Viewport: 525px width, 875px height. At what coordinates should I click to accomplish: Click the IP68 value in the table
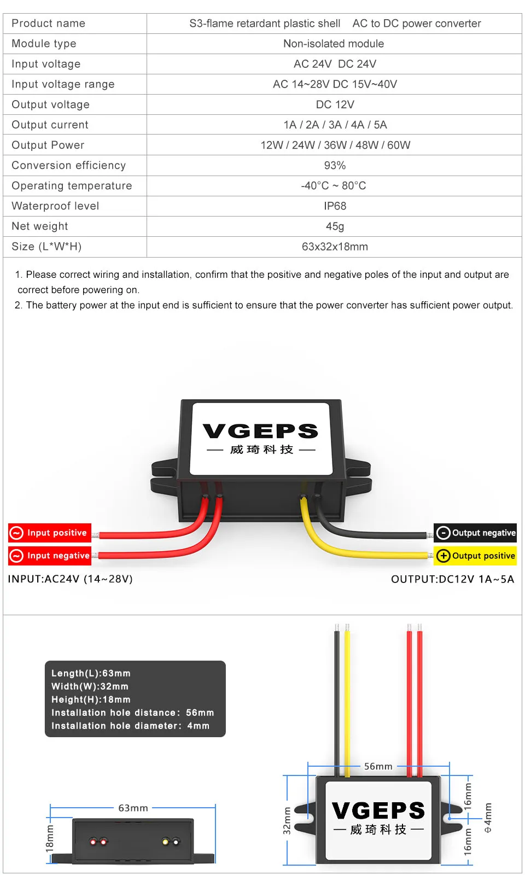[335, 206]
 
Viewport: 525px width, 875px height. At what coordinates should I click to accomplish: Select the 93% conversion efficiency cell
[335, 166]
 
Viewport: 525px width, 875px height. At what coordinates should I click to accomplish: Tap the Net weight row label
[40, 226]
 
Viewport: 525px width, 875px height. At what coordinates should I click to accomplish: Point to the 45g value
[335, 226]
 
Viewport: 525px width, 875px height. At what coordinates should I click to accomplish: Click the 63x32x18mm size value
[335, 247]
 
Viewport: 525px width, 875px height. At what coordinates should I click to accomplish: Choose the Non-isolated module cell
[334, 44]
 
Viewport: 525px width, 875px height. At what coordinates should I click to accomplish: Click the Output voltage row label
[50, 104]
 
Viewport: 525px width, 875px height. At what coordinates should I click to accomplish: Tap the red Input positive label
[50, 533]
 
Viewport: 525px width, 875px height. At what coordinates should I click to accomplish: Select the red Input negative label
[50, 556]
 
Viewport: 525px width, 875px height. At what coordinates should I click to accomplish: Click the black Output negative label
[476, 533]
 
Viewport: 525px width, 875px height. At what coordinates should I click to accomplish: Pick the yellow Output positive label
[476, 556]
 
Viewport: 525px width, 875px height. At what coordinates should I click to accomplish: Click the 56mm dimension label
[378, 766]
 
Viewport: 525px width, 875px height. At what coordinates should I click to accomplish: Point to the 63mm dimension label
[133, 808]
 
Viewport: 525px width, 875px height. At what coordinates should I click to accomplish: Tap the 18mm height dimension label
[50, 838]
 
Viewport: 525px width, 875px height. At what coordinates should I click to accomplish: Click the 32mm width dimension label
[287, 820]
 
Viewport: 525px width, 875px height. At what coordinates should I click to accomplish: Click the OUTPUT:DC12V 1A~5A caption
[452, 579]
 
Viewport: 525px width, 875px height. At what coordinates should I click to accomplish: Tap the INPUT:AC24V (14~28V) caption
[71, 579]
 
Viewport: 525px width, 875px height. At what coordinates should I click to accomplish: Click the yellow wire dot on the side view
[165, 841]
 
